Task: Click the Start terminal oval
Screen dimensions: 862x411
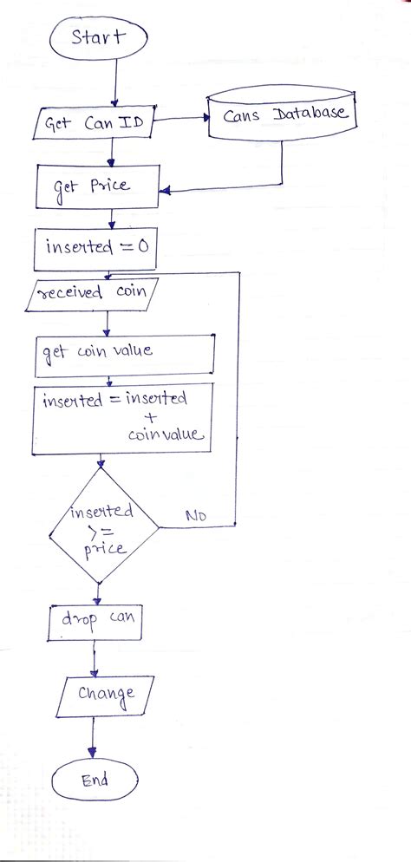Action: pyautogui.click(x=98, y=38)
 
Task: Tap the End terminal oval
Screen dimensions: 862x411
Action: pyautogui.click(x=94, y=781)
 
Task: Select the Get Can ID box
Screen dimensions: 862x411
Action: pyautogui.click(x=93, y=124)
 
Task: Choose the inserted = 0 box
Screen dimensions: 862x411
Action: pyautogui.click(x=97, y=246)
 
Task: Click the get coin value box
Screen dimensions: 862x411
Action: pyautogui.click(x=124, y=354)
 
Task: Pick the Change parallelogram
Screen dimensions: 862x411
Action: pyautogui.click(x=104, y=695)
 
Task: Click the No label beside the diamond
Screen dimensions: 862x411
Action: pyautogui.click(x=195, y=517)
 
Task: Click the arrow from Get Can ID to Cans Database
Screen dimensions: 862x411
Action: pyautogui.click(x=180, y=123)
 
